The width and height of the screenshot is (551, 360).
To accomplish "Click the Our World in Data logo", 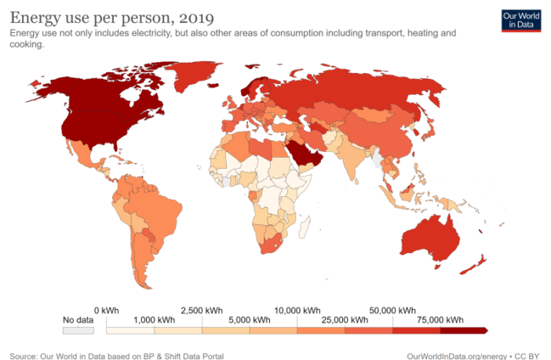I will pyautogui.click(x=521, y=20).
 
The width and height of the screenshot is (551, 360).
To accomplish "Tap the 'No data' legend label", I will pyautogui.click(x=78, y=320).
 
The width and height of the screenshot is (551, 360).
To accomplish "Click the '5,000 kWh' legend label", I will pyautogui.click(x=250, y=320).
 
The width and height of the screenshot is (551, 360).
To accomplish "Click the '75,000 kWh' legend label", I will pyautogui.click(x=440, y=320).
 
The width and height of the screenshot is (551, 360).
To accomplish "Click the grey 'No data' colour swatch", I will pyautogui.click(x=78, y=330).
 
